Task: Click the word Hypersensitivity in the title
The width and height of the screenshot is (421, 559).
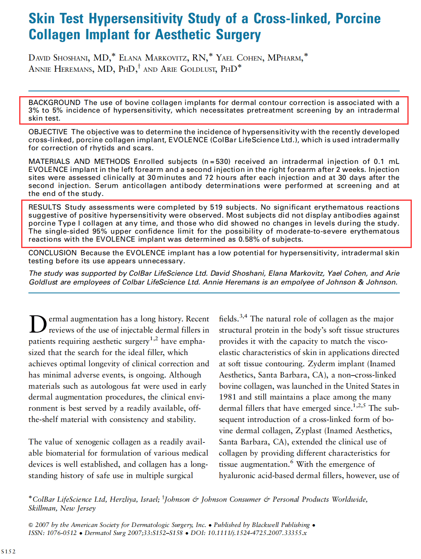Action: coord(136,19)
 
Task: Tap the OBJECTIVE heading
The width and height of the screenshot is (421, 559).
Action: coord(48,132)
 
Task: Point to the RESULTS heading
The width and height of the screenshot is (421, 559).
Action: coord(44,207)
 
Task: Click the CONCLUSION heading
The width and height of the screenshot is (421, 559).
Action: coord(52,253)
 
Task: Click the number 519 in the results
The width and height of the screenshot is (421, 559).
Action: coord(216,207)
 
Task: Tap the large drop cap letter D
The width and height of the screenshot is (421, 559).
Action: coord(38,325)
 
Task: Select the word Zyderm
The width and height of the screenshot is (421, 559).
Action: coord(321,363)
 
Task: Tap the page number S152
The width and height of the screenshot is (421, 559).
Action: coord(8,551)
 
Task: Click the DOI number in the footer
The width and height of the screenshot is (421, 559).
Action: coord(257,533)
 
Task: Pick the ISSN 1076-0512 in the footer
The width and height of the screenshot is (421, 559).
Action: coord(62,533)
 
